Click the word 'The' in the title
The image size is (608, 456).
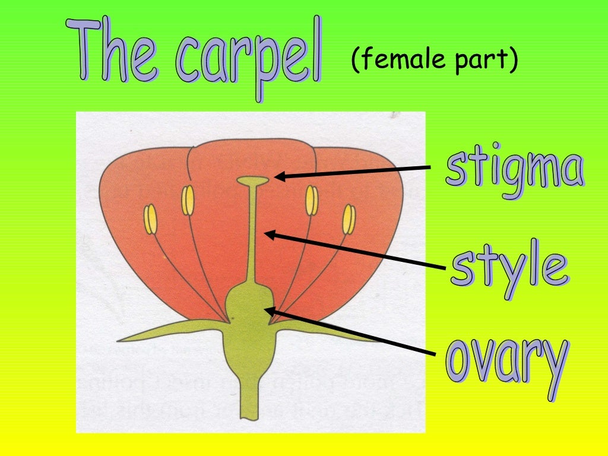(116, 52)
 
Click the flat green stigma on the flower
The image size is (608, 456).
(253, 179)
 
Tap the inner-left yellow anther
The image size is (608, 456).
(188, 200)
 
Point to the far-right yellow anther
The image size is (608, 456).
(349, 219)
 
